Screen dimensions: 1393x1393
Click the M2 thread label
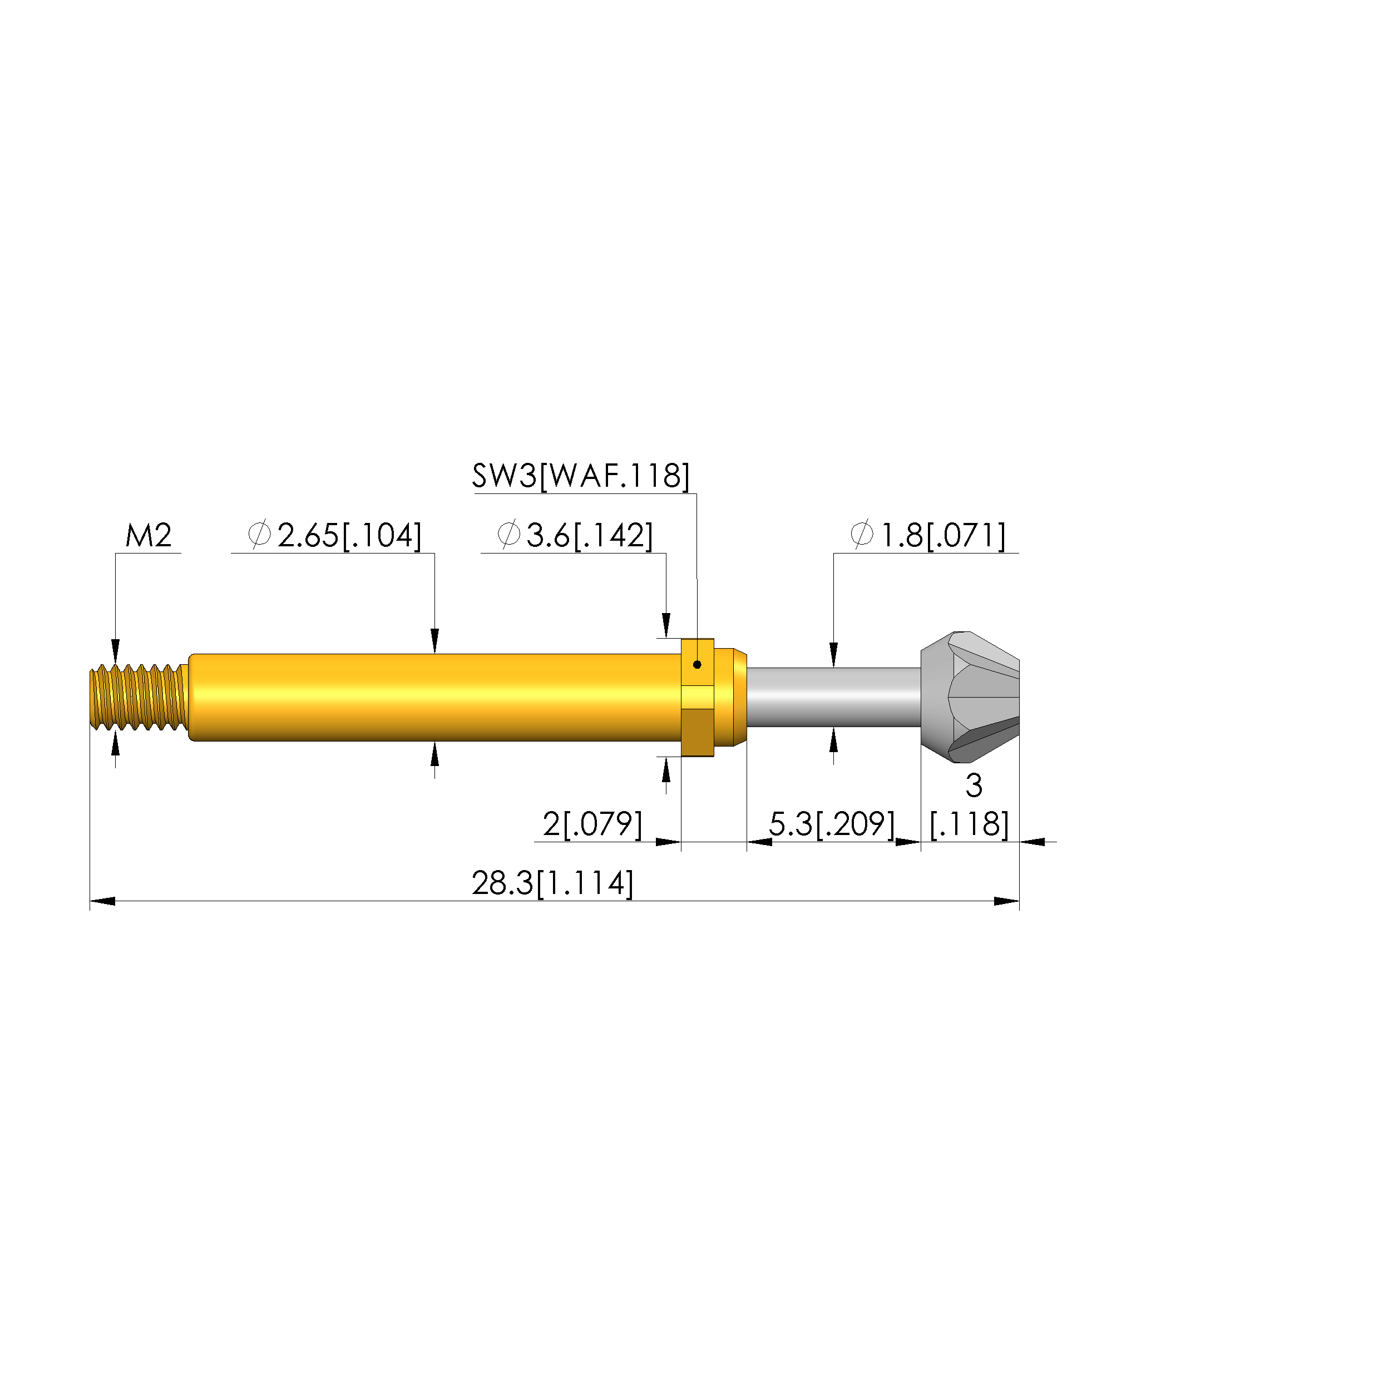(x=149, y=536)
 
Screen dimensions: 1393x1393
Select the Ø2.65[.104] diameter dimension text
(x=334, y=536)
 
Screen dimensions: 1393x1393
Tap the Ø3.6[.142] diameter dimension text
(x=575, y=536)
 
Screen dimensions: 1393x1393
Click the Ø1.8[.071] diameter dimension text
(x=928, y=536)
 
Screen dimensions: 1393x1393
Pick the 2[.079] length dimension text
(x=592, y=824)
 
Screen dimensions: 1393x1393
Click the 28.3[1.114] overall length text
(x=553, y=884)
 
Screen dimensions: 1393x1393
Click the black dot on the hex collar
(x=697, y=665)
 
